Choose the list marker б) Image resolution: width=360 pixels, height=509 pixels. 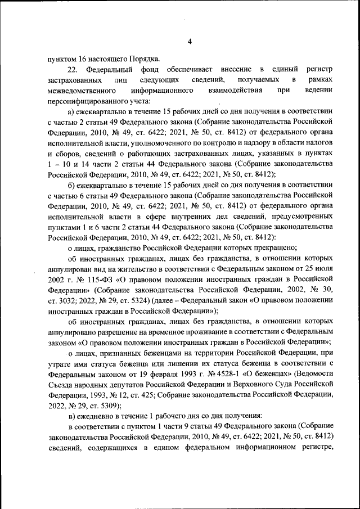pyautogui.click(x=71, y=184)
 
